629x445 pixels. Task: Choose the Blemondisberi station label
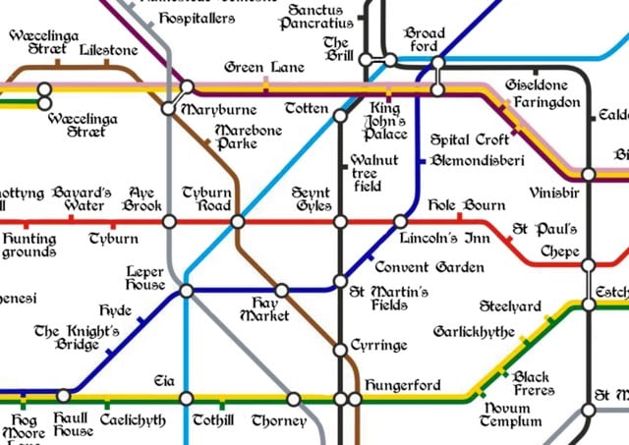click(x=477, y=160)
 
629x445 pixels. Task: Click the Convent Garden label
click(x=429, y=267)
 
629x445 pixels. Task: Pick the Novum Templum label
click(x=510, y=415)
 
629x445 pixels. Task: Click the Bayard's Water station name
click(x=83, y=199)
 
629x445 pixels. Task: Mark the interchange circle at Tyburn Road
click(x=237, y=222)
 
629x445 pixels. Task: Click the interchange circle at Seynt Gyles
click(x=340, y=222)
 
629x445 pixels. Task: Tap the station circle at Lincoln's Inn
click(x=400, y=222)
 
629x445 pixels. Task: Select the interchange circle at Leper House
click(x=186, y=291)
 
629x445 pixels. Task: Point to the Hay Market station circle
click(x=281, y=291)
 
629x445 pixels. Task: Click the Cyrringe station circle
click(x=340, y=348)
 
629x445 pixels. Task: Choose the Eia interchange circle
click(x=186, y=399)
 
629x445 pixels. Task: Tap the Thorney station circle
click(x=293, y=399)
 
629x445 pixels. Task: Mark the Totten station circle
click(x=340, y=116)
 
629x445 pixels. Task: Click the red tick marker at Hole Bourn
click(x=460, y=217)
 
